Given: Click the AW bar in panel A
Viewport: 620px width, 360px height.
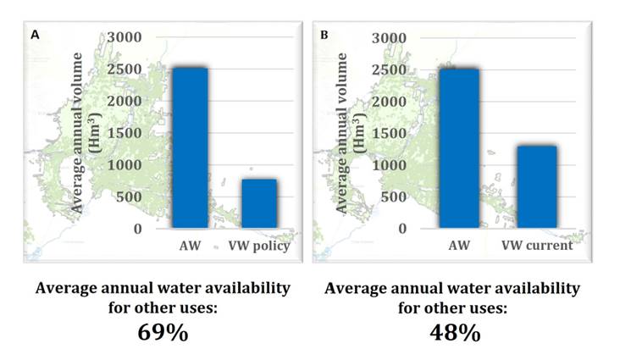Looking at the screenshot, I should pyautogui.click(x=191, y=147).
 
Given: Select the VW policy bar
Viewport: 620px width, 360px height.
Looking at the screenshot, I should pyautogui.click(x=259, y=203).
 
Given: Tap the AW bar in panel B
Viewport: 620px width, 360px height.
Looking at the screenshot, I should pyautogui.click(x=459, y=148).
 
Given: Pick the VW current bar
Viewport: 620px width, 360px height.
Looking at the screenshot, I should pyautogui.click(x=536, y=186).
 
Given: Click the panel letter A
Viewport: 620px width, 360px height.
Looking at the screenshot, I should pyautogui.click(x=36, y=35).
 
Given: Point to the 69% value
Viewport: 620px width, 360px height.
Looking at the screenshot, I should pyautogui.click(x=163, y=332).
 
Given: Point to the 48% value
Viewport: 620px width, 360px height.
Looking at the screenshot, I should pyautogui.click(x=453, y=332).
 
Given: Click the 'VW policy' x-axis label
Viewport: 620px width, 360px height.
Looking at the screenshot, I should pyautogui.click(x=259, y=246).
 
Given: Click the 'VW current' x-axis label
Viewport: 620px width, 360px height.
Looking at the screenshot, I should pyautogui.click(x=536, y=246).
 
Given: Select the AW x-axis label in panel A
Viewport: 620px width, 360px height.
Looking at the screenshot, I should pyautogui.click(x=191, y=246).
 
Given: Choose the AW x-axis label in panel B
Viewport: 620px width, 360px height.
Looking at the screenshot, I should pyautogui.click(x=459, y=246).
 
